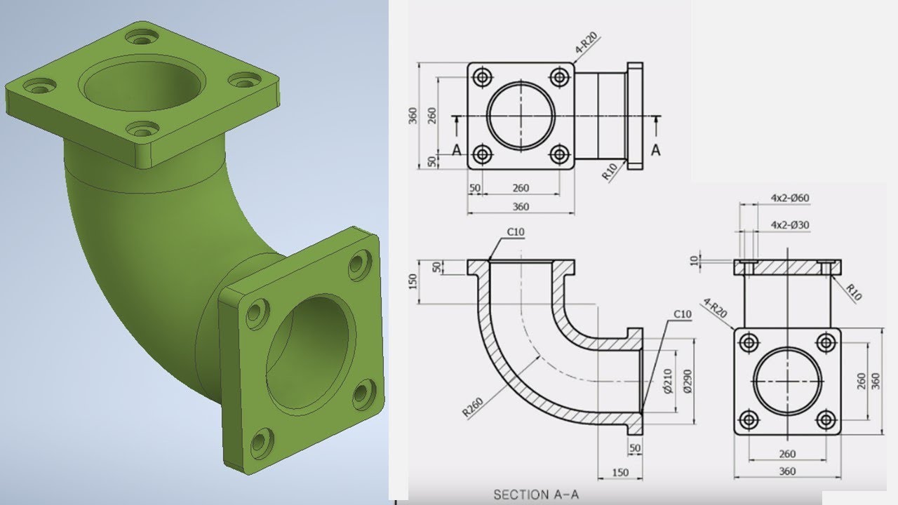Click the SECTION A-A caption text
(x=536, y=494)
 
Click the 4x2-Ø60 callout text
(x=789, y=198)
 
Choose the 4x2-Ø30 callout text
(x=789, y=225)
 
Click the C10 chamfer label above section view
(x=516, y=232)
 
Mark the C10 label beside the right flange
(x=682, y=314)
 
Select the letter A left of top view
(x=457, y=149)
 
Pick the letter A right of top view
(x=656, y=149)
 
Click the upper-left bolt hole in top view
(x=482, y=77)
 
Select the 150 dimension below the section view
(x=620, y=473)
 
